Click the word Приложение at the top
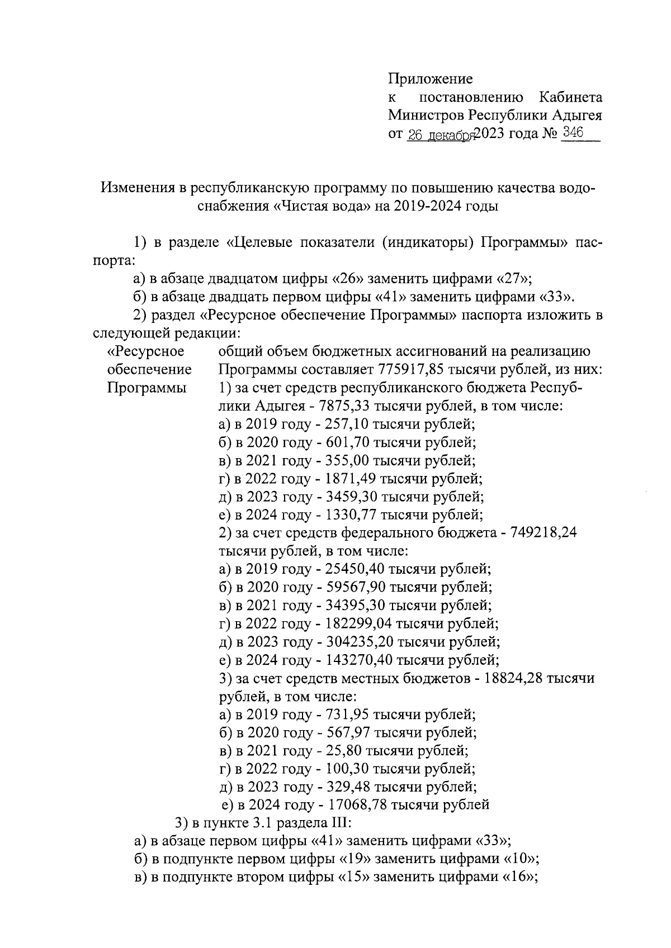[x=430, y=79]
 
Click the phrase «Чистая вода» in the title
[x=322, y=206]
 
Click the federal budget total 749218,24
[x=543, y=533]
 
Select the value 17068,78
[x=355, y=805]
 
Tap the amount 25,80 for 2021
[x=339, y=751]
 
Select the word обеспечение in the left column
[x=149, y=370]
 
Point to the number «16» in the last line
[x=518, y=877]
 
